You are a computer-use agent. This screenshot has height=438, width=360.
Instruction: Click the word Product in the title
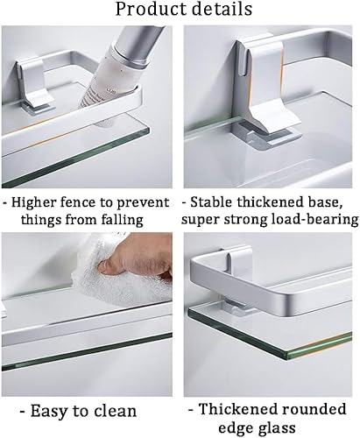pyautogui.click(x=150, y=9)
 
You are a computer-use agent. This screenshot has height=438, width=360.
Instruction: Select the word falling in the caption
pyautogui.click(x=123, y=220)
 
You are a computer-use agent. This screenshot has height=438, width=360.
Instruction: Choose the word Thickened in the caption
pyautogui.click(x=236, y=409)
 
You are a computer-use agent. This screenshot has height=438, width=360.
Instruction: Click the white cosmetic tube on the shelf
pyautogui.click(x=112, y=76)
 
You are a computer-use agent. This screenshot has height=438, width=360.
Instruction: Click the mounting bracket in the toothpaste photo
pyautogui.click(x=36, y=85)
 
